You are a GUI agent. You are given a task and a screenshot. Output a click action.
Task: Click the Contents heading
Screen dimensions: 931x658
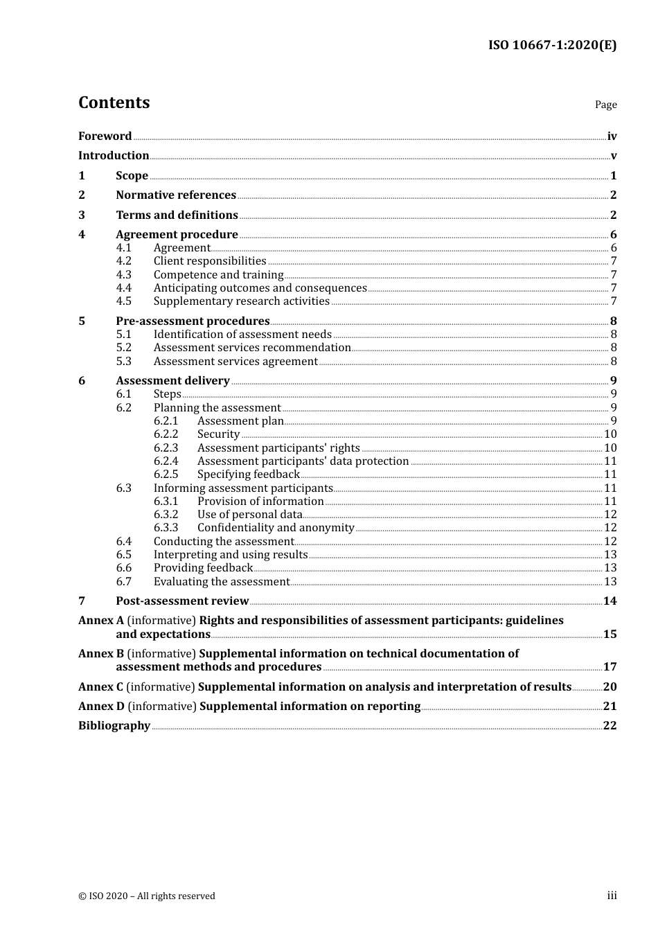tap(114, 103)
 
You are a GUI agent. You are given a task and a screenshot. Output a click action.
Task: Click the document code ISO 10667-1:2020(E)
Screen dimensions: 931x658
tap(552, 45)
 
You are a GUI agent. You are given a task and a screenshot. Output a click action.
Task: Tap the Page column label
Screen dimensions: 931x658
tap(605, 105)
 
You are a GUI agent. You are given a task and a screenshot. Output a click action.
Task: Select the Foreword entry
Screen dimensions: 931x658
tap(105, 136)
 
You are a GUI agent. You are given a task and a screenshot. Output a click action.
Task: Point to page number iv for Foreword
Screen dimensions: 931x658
tap(612, 136)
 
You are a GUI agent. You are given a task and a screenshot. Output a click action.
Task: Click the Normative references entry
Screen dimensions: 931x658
tap(176, 195)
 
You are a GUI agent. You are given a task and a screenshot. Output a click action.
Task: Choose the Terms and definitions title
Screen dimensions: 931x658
tap(177, 215)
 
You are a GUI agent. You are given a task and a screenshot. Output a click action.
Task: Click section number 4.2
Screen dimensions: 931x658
tap(123, 261)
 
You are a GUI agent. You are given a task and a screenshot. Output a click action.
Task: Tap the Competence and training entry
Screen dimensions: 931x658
tap(218, 275)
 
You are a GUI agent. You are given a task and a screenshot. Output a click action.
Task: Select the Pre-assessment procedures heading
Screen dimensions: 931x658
tap(193, 321)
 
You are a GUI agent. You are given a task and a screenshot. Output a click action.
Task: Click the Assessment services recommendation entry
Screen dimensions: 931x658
tap(252, 348)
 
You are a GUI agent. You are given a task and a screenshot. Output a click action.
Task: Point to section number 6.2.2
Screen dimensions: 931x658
tap(166, 434)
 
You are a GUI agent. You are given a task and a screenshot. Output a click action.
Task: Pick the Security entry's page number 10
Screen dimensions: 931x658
tap(610, 434)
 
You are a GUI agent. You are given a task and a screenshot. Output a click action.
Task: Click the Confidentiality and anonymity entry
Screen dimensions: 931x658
tap(276, 528)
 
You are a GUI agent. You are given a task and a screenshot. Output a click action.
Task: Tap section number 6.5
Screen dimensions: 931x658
tap(123, 555)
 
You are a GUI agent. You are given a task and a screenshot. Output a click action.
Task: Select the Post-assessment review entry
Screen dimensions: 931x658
tap(182, 601)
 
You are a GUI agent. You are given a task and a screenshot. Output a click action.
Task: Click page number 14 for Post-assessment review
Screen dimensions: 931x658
tap(610, 601)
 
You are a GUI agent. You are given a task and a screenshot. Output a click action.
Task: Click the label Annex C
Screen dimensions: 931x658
tap(100, 687)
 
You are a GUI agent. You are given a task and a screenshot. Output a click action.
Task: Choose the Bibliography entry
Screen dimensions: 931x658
tap(114, 726)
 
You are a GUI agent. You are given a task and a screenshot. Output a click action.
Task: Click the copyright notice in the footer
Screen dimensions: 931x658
tap(147, 896)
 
